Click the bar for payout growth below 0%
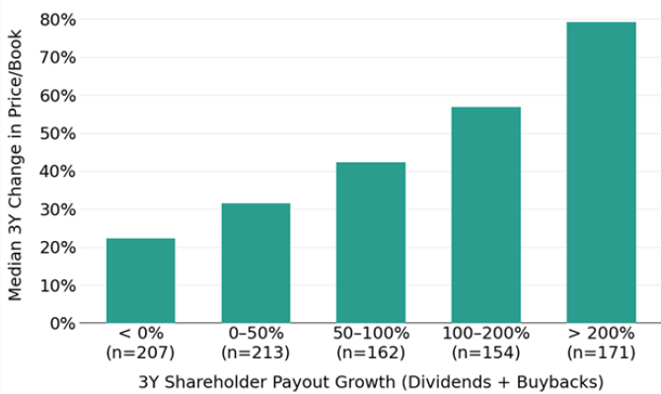140,280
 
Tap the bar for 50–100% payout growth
370,242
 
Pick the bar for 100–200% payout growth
485,214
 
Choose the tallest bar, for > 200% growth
601,172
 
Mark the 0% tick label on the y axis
62,323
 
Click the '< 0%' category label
140,334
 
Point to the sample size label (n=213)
256,353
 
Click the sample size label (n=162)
370,353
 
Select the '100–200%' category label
485,334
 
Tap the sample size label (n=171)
601,353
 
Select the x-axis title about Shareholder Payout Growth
370,381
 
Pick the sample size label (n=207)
140,353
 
